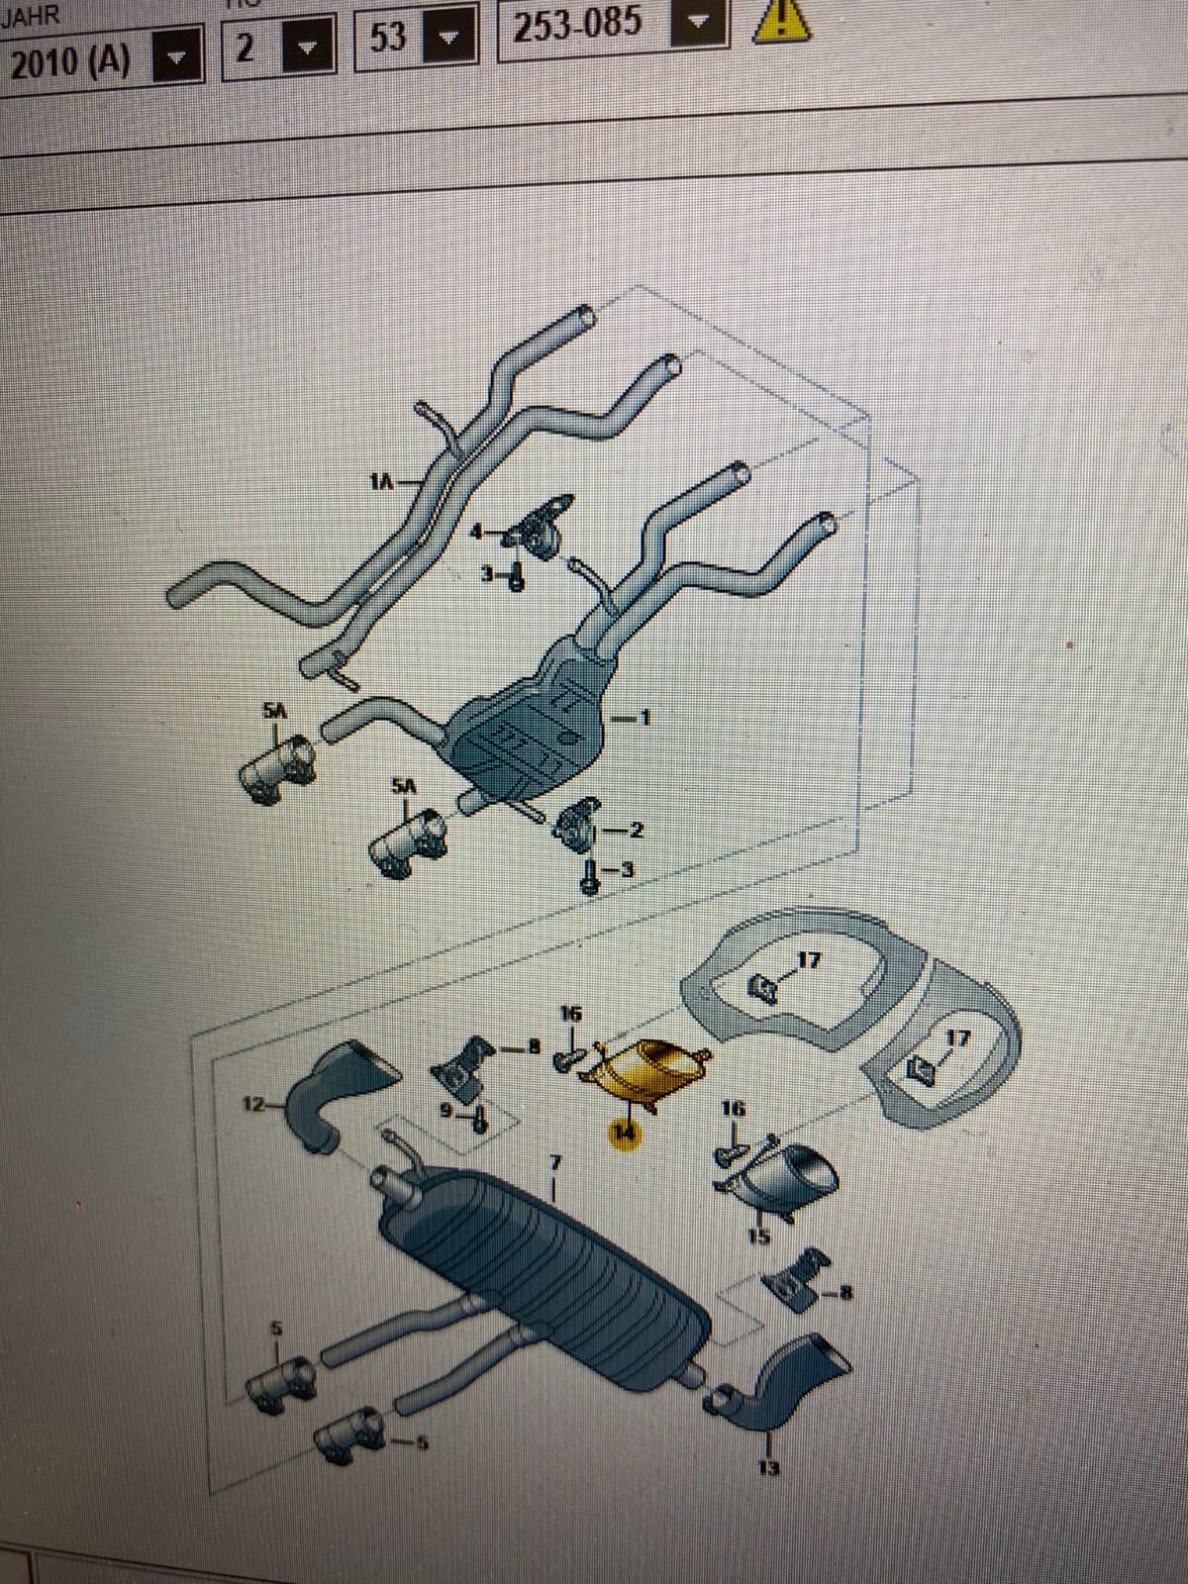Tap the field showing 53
click(389, 38)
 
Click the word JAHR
click(30, 16)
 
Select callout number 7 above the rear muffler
click(555, 1159)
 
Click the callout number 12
click(254, 1102)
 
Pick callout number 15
click(758, 1235)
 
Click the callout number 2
click(636, 830)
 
